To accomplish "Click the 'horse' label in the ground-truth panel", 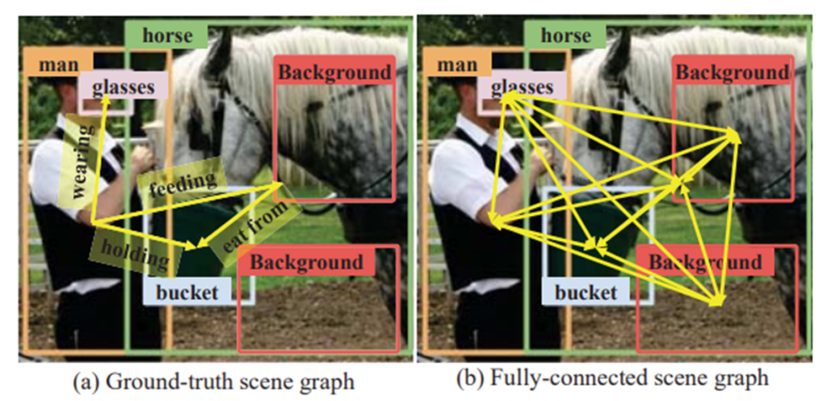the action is [x=168, y=36].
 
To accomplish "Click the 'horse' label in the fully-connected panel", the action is [x=566, y=36].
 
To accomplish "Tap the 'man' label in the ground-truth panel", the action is [x=58, y=65].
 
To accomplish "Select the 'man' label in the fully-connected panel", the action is [x=457, y=65].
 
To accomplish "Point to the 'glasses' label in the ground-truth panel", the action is [x=124, y=87].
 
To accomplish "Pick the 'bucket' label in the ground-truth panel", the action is [x=187, y=292].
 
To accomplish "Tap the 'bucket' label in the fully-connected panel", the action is [x=586, y=292].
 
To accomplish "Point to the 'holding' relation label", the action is [x=136, y=253].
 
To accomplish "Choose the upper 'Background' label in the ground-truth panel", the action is [x=334, y=72].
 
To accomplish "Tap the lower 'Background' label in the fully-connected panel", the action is [x=705, y=262].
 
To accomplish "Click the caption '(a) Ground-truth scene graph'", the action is [x=213, y=381].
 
